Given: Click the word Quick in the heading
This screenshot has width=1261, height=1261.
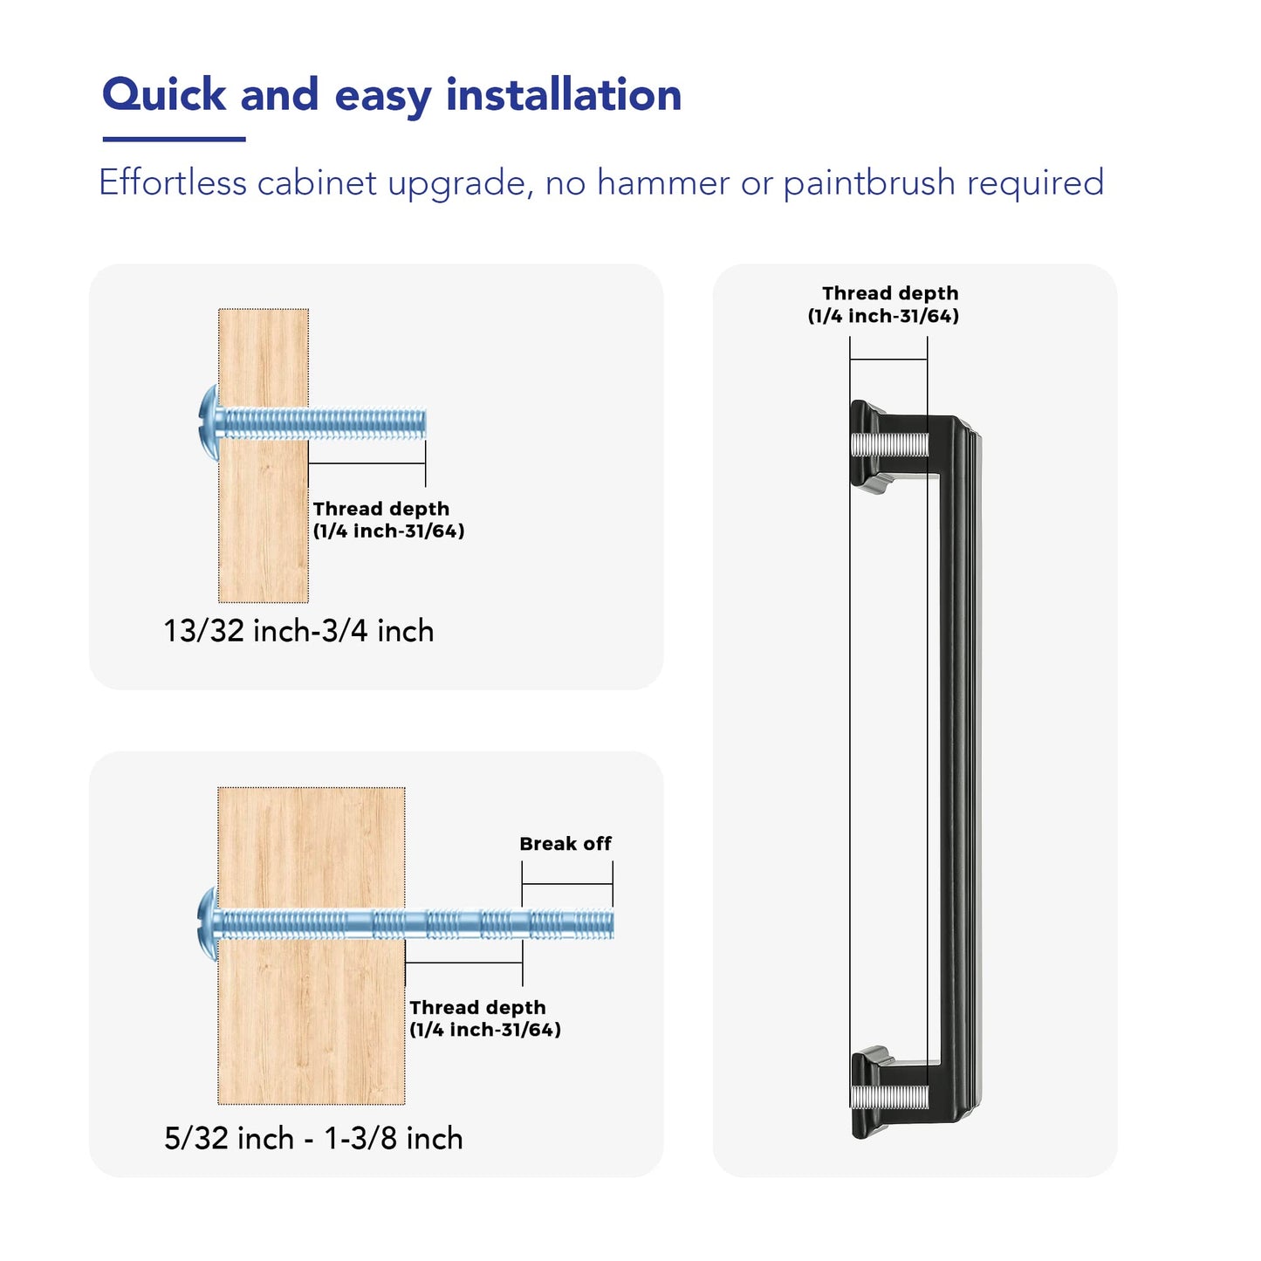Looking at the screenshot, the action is [x=164, y=95].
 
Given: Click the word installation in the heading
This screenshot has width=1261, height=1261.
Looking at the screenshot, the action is [x=564, y=95].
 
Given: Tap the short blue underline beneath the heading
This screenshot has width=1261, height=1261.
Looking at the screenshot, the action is [x=174, y=139].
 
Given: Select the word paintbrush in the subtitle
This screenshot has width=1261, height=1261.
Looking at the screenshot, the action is [x=870, y=183].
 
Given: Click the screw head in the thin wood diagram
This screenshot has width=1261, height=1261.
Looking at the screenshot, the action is [x=209, y=423].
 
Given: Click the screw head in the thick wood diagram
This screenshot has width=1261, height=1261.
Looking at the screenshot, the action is [x=208, y=924].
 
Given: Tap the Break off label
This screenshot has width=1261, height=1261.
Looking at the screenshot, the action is [x=565, y=844].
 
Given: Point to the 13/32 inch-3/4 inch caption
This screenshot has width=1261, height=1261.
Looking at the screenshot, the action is [x=298, y=631].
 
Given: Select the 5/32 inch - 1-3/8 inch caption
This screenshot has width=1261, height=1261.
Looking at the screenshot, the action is [x=313, y=1139].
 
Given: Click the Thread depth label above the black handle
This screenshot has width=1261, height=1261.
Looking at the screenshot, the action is [x=883, y=305].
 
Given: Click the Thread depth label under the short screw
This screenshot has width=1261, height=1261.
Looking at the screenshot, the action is [x=388, y=519].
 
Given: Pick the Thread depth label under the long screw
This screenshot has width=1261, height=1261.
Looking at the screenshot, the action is [x=485, y=1018].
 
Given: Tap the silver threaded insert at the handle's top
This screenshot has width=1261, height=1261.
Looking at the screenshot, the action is [x=889, y=445].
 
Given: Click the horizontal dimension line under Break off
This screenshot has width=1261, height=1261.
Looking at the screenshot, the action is [x=567, y=884].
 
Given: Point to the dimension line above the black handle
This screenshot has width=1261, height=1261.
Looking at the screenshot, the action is [x=888, y=360].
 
